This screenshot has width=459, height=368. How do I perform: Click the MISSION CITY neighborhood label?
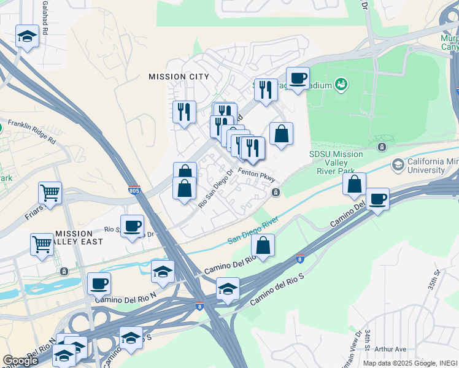click(179, 77)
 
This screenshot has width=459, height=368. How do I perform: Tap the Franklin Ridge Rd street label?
click(31, 131)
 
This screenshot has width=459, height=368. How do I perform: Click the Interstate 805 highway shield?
click(134, 191)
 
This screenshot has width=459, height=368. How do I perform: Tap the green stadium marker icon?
click(341, 85)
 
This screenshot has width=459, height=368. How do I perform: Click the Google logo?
click(20, 360)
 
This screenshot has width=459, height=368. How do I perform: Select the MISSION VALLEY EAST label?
click(74, 238)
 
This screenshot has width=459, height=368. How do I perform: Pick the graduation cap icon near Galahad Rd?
click(28, 37)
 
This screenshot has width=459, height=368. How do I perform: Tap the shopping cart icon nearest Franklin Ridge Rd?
click(50, 193)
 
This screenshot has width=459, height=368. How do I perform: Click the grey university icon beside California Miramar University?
click(398, 164)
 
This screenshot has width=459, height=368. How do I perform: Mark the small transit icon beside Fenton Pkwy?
click(276, 193)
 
